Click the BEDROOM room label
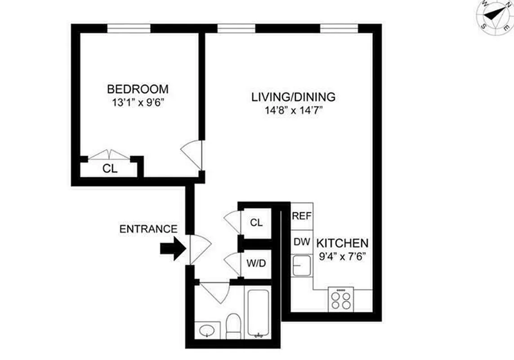pos(138,89)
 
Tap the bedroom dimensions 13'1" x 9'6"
pos(138,102)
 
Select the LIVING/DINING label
pos(293,97)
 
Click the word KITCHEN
pos(343,243)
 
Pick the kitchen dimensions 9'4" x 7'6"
pos(343,256)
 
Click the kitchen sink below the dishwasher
pos(301,265)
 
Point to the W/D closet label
pos(256,262)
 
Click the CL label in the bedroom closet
pos(110,169)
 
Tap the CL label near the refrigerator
pos(256,222)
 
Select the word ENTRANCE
pos(148,229)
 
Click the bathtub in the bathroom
pos(258,313)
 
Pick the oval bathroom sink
pos(207,330)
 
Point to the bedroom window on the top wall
pos(129,28)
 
